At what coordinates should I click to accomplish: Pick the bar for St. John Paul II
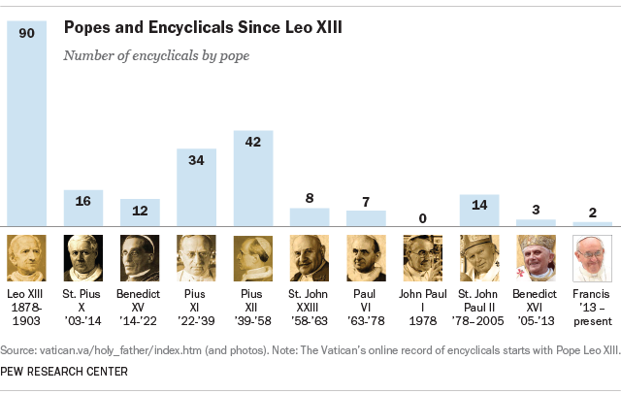click(479, 211)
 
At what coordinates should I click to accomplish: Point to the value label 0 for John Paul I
click(422, 217)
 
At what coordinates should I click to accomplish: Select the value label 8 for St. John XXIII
click(310, 197)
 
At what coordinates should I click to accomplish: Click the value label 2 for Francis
click(593, 212)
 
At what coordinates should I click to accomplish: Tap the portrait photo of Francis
click(593, 258)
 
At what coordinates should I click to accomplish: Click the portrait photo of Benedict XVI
click(537, 258)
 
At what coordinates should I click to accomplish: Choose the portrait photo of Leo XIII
click(26, 258)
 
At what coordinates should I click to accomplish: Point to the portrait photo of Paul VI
click(366, 258)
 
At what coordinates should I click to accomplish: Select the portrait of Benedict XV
click(140, 258)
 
